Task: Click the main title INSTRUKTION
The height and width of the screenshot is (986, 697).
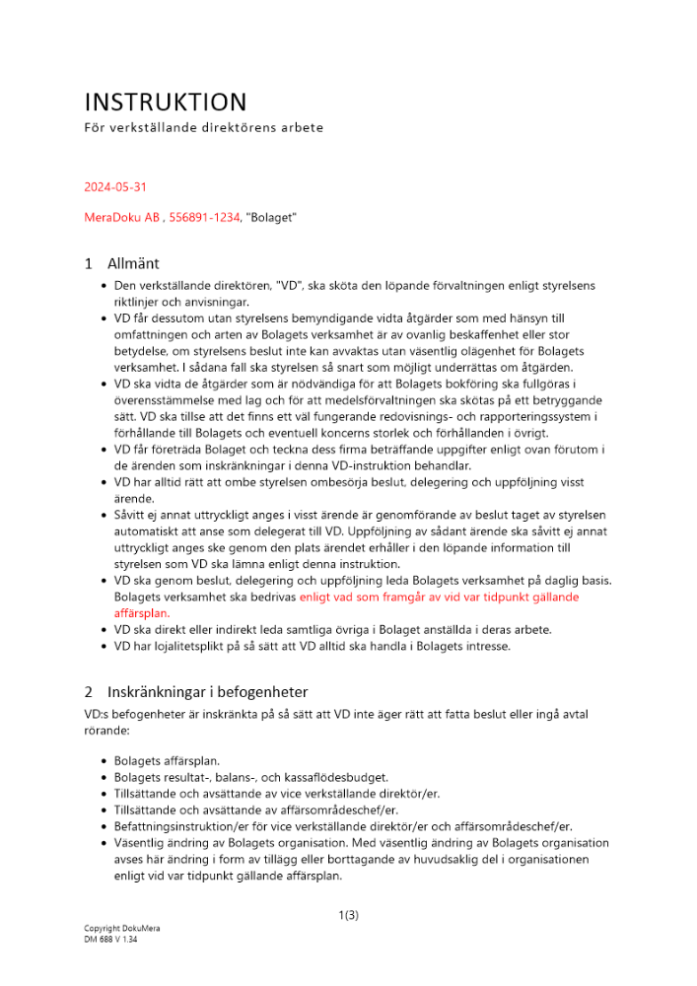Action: (x=166, y=102)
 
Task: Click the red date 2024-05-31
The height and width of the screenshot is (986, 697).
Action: (x=115, y=186)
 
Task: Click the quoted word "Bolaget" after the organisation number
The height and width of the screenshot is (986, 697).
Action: (x=271, y=216)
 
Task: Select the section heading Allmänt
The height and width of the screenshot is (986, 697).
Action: (x=133, y=263)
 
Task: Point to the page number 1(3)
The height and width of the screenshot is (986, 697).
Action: (x=348, y=915)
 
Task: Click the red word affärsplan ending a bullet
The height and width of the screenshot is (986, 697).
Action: (x=144, y=611)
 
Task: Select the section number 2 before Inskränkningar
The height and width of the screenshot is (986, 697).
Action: (x=89, y=692)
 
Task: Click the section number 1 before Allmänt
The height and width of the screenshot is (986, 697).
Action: (x=89, y=263)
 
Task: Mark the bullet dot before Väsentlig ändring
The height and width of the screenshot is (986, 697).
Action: (x=105, y=843)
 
